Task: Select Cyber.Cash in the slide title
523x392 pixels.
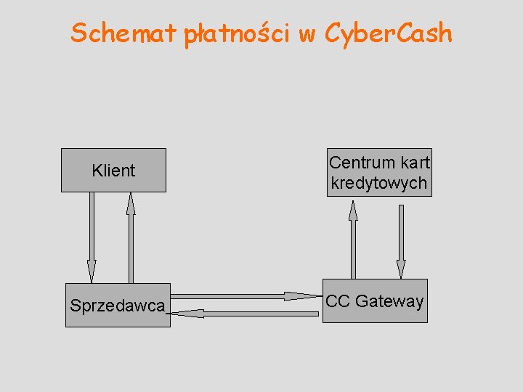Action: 389,33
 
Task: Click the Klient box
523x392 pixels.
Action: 113,171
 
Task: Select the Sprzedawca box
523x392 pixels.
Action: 118,306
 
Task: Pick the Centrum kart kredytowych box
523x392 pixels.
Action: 378,173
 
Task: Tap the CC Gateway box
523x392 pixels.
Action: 375,301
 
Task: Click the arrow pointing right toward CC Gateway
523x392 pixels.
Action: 240,295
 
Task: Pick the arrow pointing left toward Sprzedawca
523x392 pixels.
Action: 254,314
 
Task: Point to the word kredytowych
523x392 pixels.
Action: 378,183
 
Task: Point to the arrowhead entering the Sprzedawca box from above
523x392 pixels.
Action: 92,272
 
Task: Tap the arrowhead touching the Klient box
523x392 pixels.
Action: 131,203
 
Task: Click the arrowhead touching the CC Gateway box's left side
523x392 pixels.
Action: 301,295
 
